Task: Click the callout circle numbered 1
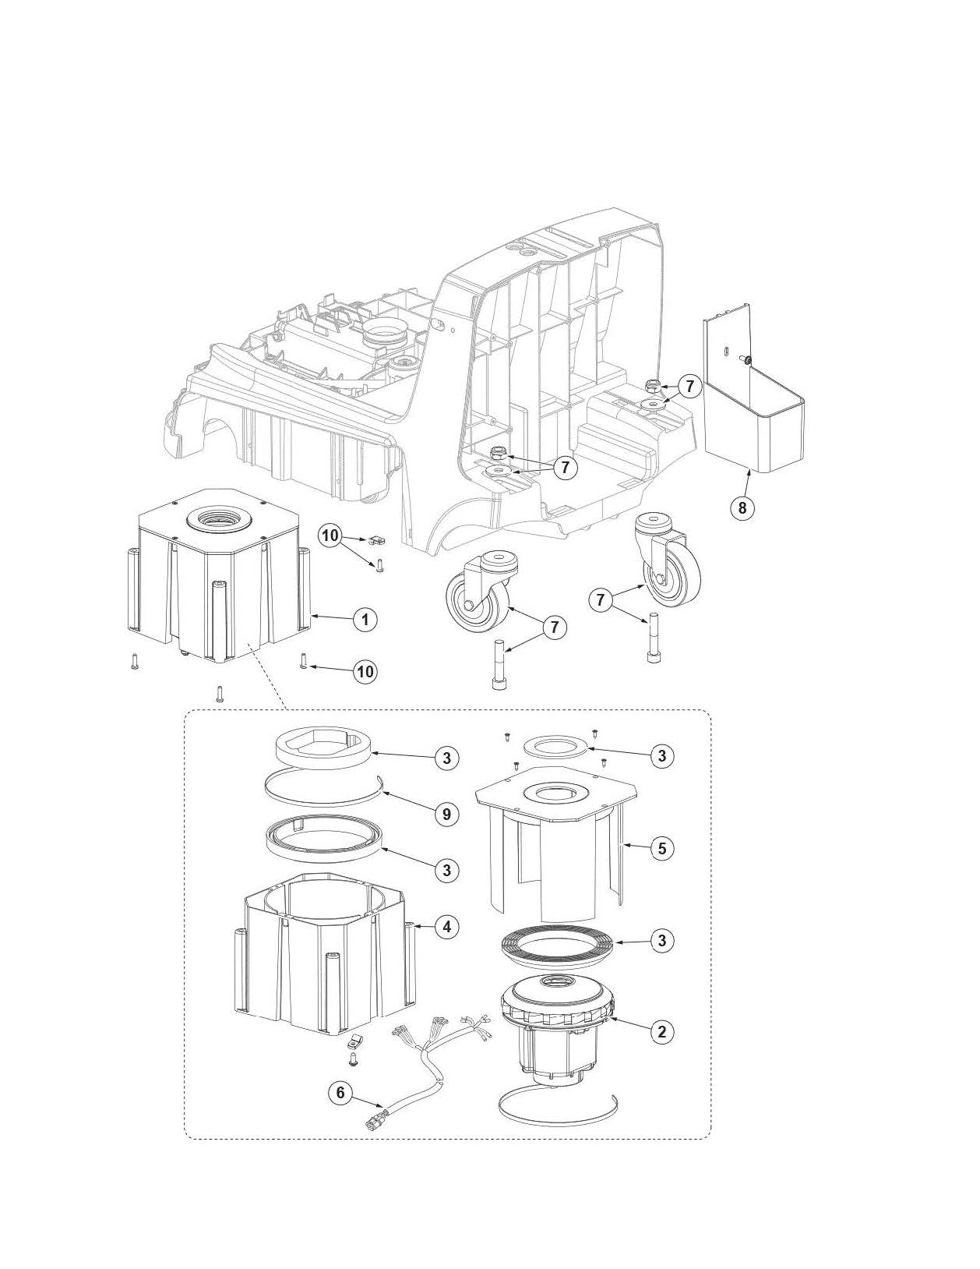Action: (x=365, y=620)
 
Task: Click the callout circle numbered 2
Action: (x=661, y=1031)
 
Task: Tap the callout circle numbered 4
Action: (x=446, y=927)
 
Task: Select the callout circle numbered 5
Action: (x=661, y=848)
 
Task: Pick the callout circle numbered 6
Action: (x=340, y=1093)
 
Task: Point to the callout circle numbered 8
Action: (x=742, y=508)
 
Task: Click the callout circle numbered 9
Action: (x=446, y=815)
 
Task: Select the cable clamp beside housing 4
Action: (x=355, y=1041)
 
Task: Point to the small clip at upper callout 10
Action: (x=379, y=538)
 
